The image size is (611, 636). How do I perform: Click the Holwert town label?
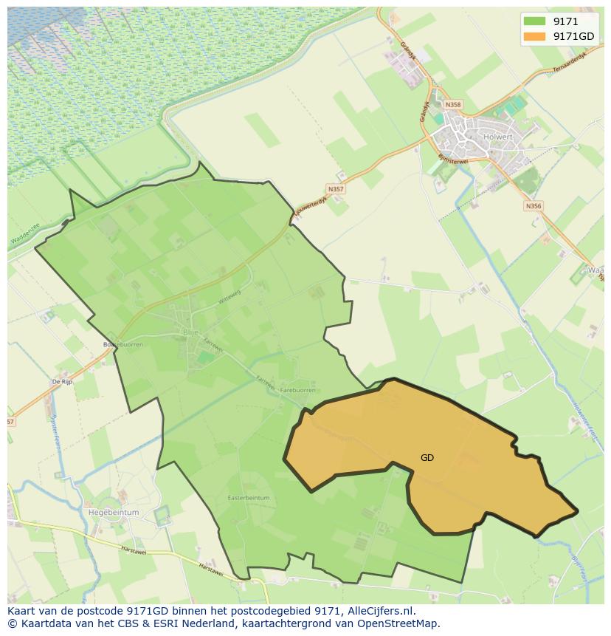click(507, 136)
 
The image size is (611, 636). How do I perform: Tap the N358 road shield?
click(453, 105)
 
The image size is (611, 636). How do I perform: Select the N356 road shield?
click(533, 206)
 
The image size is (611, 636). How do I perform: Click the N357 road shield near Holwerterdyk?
click(336, 189)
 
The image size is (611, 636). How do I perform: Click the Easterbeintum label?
click(249, 498)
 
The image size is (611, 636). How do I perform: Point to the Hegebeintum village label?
click(113, 512)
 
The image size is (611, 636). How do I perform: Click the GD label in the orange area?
click(427, 458)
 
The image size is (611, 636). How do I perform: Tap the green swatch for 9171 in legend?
click(534, 21)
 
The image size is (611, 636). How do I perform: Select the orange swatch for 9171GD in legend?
click(534, 36)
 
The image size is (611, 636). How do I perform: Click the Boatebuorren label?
click(122, 344)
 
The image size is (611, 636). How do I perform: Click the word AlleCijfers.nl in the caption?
click(381, 611)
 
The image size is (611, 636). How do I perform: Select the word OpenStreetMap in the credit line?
click(403, 623)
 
